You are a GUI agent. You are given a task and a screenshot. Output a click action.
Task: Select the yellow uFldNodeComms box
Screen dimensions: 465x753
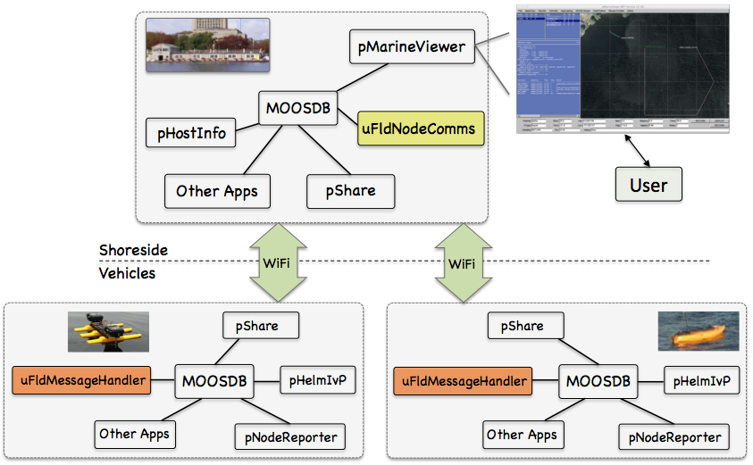click(x=421, y=129)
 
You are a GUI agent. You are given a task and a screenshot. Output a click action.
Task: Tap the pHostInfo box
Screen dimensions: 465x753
click(x=192, y=134)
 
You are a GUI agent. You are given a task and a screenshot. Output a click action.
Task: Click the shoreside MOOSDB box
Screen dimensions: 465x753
click(x=297, y=109)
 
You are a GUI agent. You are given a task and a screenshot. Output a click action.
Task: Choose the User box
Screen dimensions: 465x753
click(x=648, y=185)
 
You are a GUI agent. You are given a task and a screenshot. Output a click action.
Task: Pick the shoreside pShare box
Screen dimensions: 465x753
click(x=350, y=190)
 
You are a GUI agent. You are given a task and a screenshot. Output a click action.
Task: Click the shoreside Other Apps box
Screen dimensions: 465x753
click(x=217, y=190)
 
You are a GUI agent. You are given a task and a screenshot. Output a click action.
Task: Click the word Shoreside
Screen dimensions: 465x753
click(x=133, y=251)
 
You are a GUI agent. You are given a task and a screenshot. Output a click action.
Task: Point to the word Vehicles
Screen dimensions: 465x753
click(x=127, y=273)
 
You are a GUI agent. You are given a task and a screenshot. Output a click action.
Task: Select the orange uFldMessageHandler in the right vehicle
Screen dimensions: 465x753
click(x=463, y=382)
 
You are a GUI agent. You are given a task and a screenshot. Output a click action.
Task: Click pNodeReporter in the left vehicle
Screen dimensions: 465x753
click(x=290, y=436)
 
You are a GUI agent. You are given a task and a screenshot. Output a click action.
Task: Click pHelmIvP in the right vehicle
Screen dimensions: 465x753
click(x=701, y=382)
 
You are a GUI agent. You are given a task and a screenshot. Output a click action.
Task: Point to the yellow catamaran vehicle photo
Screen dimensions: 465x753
click(x=108, y=332)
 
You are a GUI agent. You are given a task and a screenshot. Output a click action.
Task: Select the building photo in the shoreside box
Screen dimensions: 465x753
click(x=207, y=44)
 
